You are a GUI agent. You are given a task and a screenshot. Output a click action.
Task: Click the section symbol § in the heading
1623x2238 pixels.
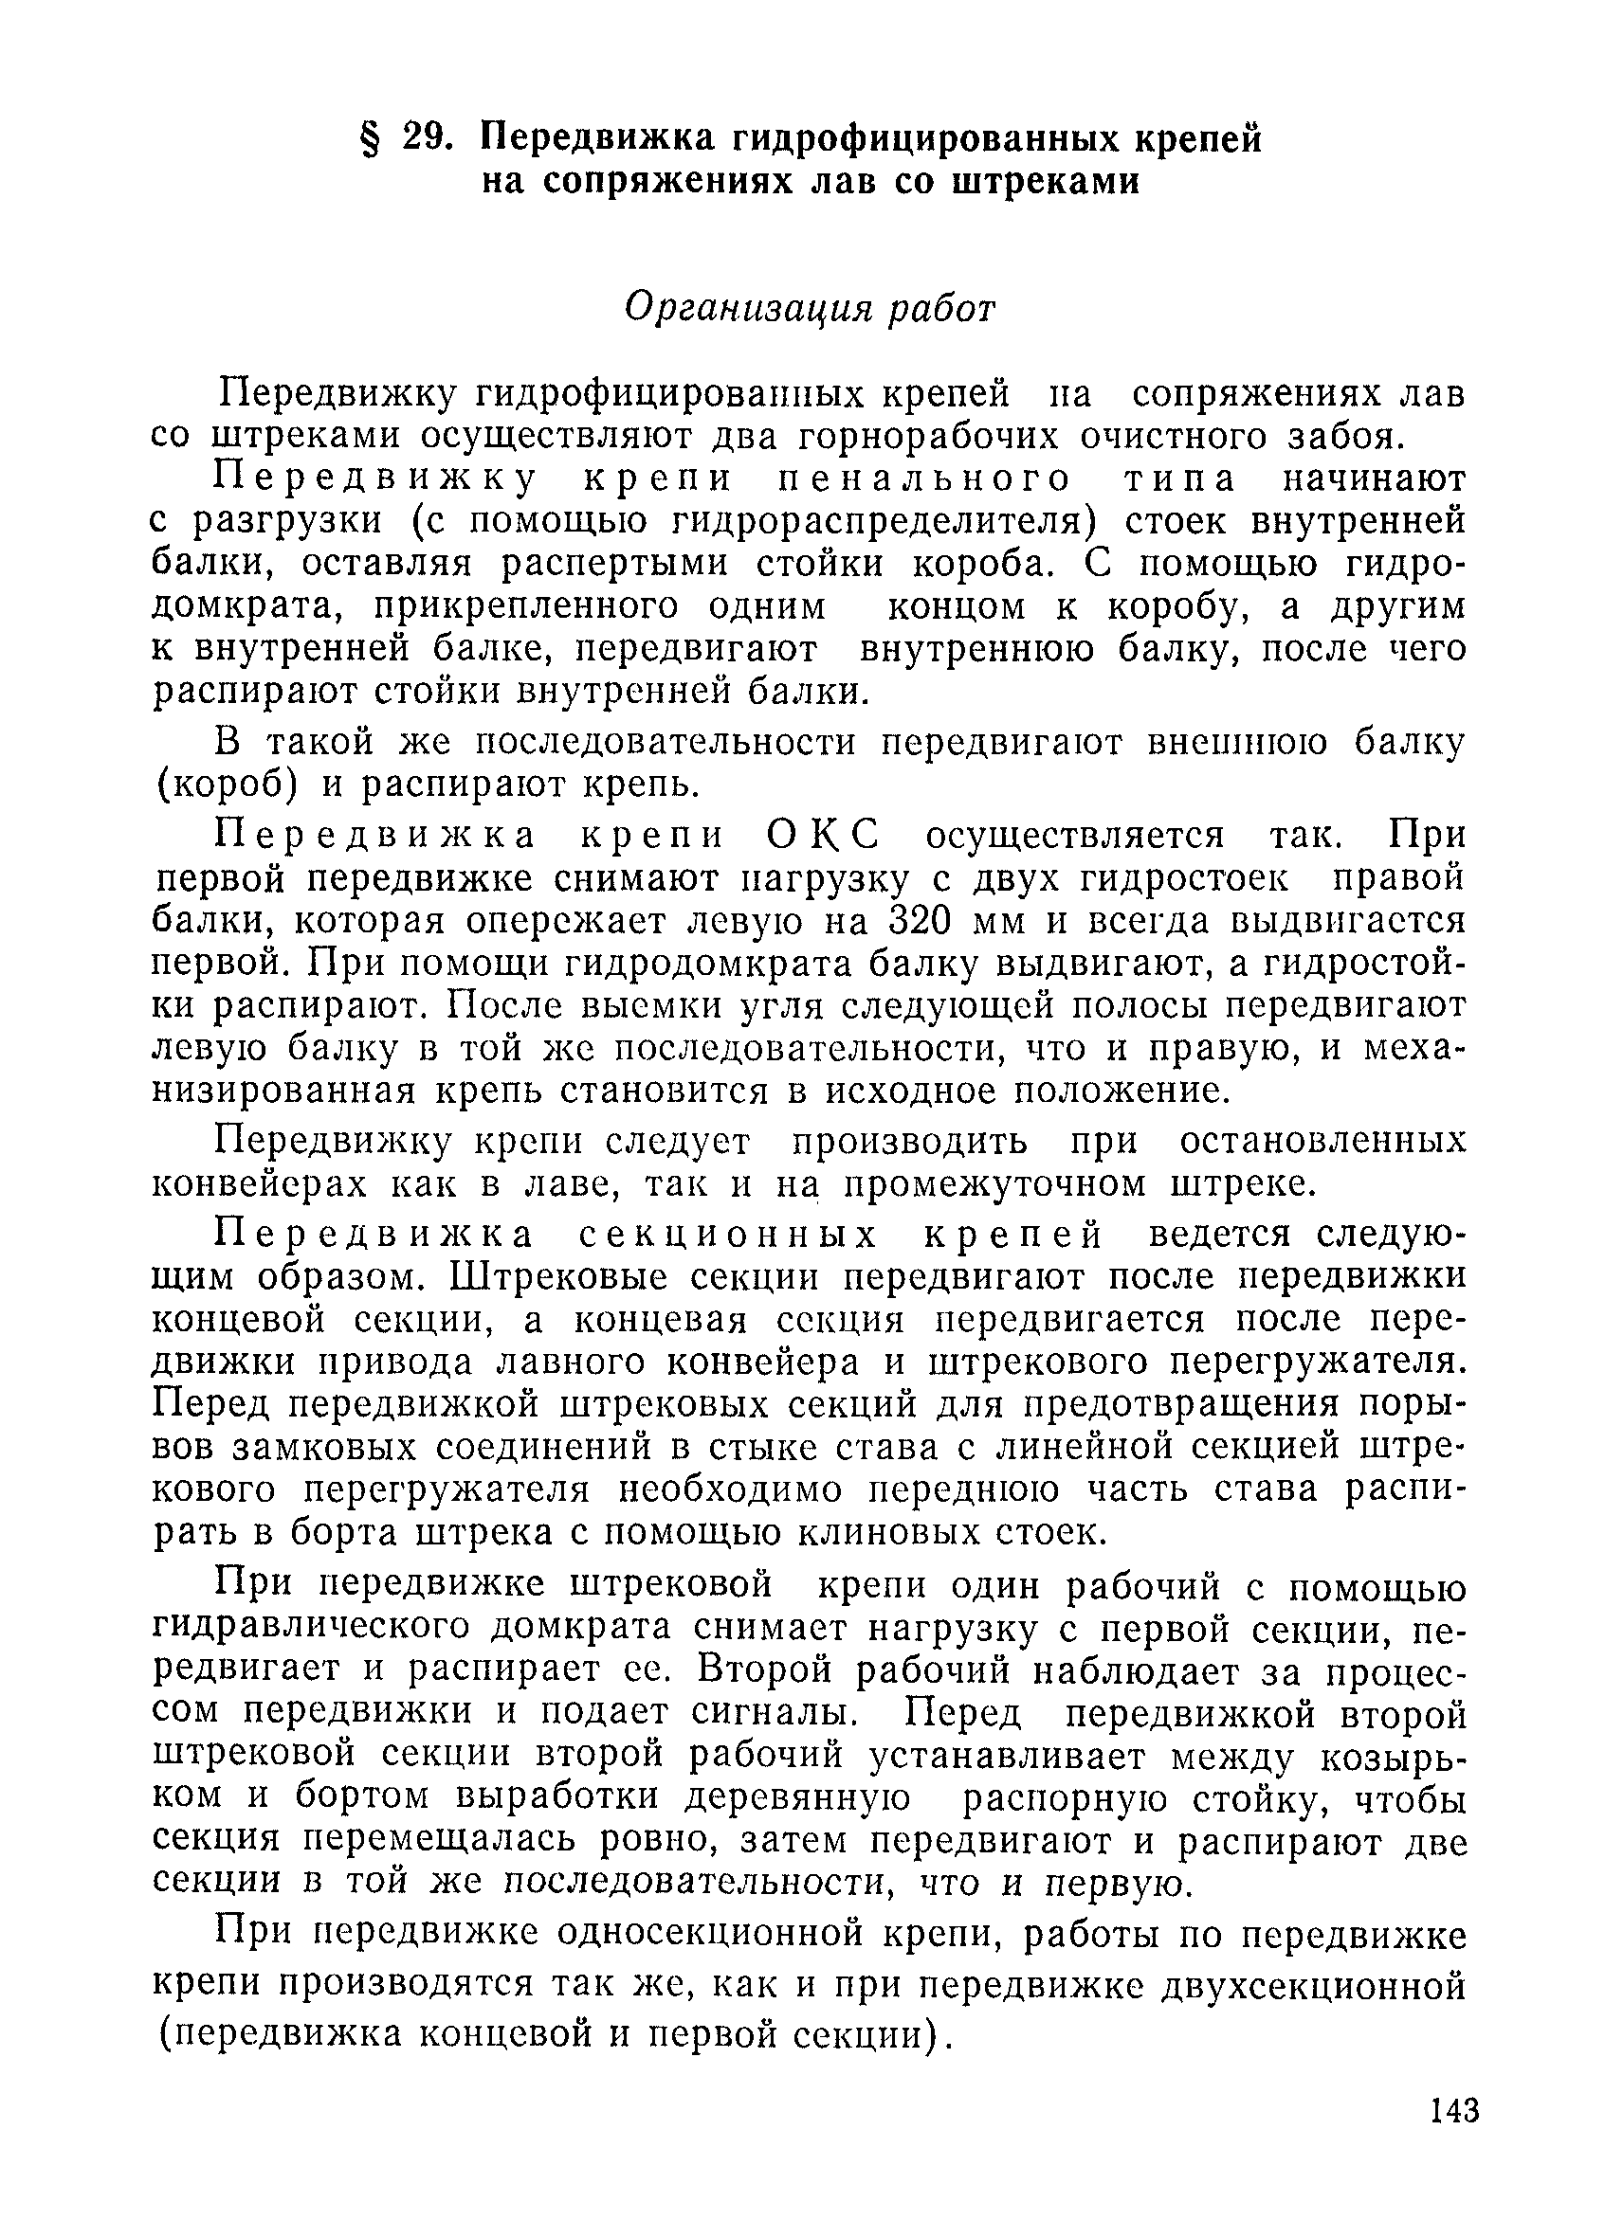pos(368,139)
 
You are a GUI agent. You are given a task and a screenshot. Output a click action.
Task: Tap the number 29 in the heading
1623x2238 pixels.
pos(427,139)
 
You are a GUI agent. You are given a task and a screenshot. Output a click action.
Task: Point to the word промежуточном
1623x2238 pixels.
pos(995,1183)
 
